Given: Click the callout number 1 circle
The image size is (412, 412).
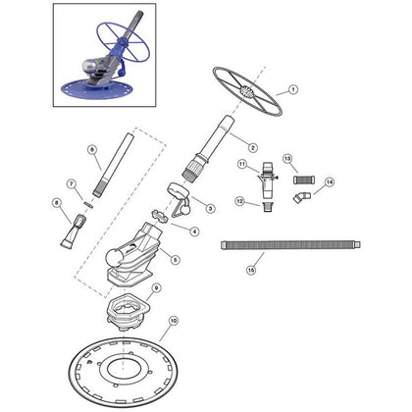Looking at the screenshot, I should (x=291, y=89).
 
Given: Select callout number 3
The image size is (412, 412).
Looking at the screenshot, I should (x=210, y=208).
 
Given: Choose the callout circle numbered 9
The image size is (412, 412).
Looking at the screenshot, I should (x=156, y=287).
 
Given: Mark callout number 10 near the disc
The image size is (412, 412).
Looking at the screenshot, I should (x=175, y=321).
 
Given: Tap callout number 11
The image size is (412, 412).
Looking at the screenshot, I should (x=240, y=164).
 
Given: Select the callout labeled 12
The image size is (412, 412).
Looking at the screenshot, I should (x=238, y=201).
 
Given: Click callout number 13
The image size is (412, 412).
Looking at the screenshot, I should (x=288, y=158).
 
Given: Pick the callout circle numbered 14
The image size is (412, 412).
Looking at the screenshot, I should (x=329, y=181).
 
